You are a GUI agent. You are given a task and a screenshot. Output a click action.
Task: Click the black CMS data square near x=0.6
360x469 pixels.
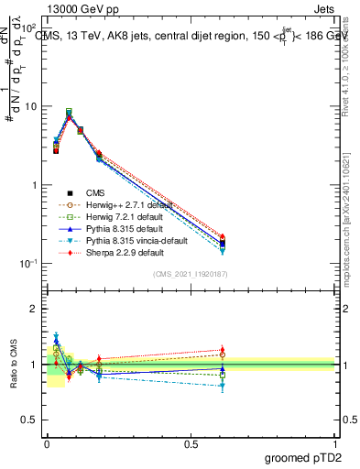click(x=223, y=244)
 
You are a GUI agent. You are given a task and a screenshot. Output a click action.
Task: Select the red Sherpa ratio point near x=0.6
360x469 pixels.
click(x=223, y=349)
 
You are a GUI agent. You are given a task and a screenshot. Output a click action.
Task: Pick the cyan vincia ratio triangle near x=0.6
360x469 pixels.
click(x=223, y=386)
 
